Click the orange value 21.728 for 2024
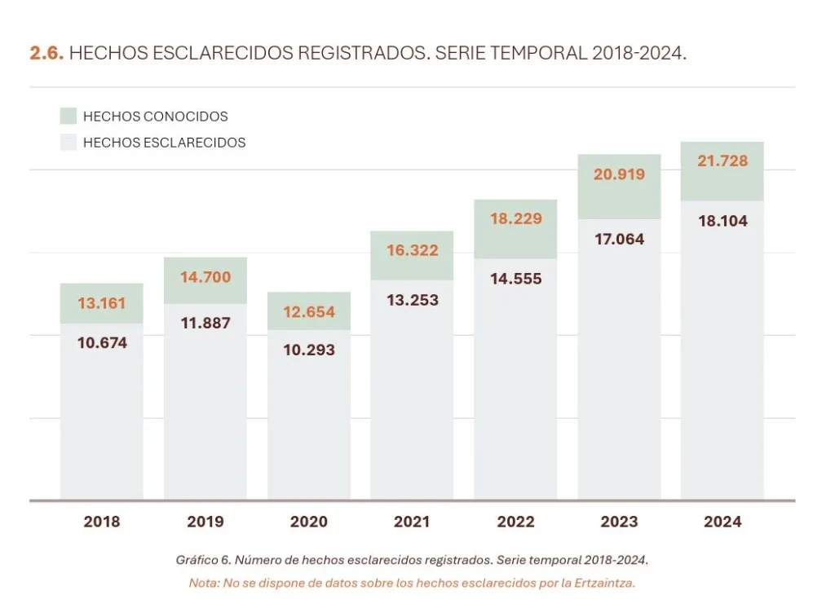(722, 161)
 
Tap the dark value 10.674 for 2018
(102, 343)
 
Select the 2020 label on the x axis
(308, 522)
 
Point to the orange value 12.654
(309, 312)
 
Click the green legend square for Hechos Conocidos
(68, 116)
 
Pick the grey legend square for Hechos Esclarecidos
(68, 142)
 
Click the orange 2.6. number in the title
(46, 54)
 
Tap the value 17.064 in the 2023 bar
(619, 240)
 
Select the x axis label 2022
(515, 522)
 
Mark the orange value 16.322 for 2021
(412, 250)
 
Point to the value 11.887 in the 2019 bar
(205, 323)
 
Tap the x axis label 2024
(722, 522)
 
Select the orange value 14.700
(205, 277)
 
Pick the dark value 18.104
(722, 221)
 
